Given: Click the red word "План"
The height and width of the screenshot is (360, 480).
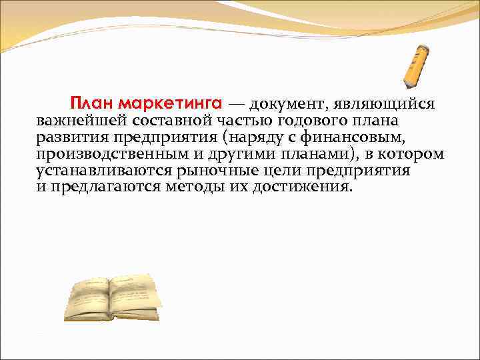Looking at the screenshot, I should click(93, 104).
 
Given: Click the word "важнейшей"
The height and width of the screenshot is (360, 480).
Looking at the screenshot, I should click(81, 121).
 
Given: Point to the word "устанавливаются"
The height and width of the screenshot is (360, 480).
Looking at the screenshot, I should click(103, 171).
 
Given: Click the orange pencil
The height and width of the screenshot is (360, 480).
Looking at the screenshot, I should click(415, 67).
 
